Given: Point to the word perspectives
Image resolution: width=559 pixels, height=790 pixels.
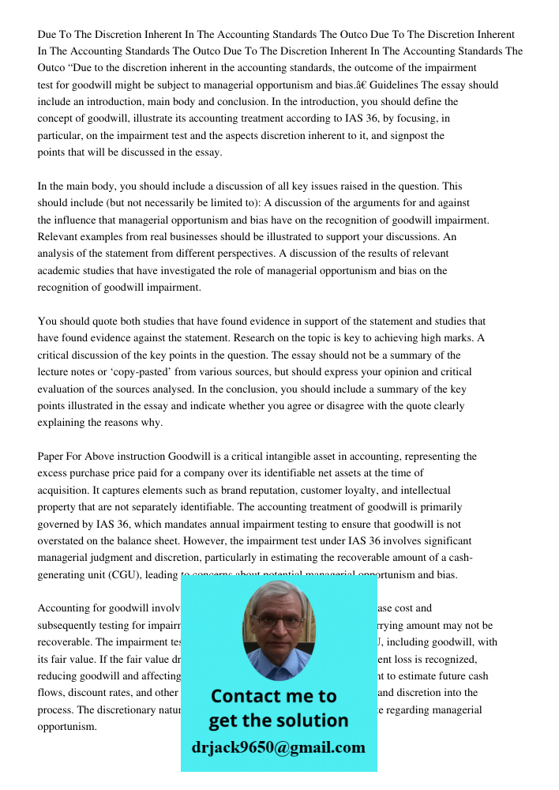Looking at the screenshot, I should [244, 254].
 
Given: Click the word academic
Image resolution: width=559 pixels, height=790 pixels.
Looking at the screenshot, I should [60, 271].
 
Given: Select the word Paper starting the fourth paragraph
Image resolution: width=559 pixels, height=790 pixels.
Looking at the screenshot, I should [52, 457].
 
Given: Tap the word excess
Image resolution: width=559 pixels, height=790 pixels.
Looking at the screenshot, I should [54, 473].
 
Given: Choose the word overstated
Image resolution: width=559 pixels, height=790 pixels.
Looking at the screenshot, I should [63, 541].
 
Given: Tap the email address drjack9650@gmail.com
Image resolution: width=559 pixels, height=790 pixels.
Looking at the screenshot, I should [279, 747].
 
